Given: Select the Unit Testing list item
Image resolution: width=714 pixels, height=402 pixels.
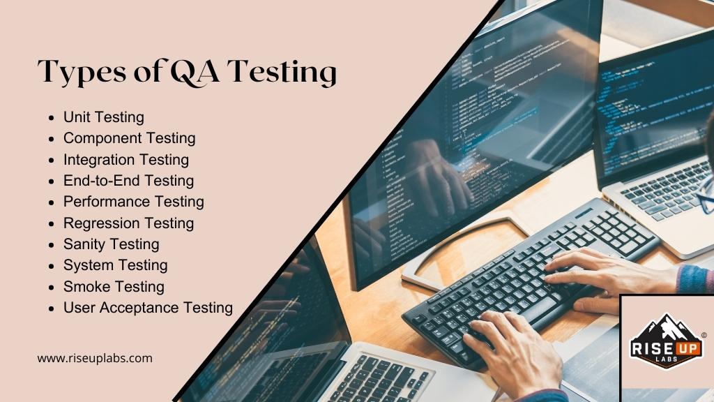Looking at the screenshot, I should click(103, 117).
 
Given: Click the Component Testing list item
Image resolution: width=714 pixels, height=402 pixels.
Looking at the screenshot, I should click(129, 138).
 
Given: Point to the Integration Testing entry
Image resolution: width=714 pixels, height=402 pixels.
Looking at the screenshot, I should click(126, 159).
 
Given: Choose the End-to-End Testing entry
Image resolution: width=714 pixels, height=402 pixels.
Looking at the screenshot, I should click(128, 181).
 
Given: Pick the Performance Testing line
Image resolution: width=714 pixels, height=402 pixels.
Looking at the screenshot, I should click(133, 202).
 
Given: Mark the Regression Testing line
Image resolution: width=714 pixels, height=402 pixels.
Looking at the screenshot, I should click(128, 223).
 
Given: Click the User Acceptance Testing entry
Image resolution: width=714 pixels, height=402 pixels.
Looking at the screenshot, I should click(148, 308).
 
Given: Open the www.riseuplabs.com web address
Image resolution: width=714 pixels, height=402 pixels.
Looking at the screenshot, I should click(95, 359).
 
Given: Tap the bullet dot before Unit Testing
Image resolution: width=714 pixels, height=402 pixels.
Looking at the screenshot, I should click(52, 118).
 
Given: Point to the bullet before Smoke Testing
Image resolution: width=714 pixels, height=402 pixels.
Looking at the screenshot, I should click(52, 288).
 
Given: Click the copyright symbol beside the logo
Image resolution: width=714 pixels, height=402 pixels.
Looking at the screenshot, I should click(704, 336).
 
